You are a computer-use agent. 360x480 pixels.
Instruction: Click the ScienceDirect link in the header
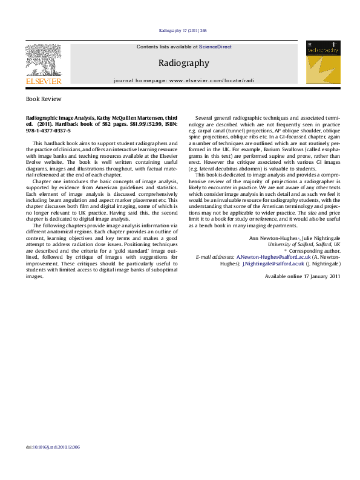(x=215, y=47)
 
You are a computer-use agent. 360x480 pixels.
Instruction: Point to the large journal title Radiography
(x=183, y=63)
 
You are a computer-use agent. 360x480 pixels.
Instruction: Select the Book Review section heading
(x=44, y=98)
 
